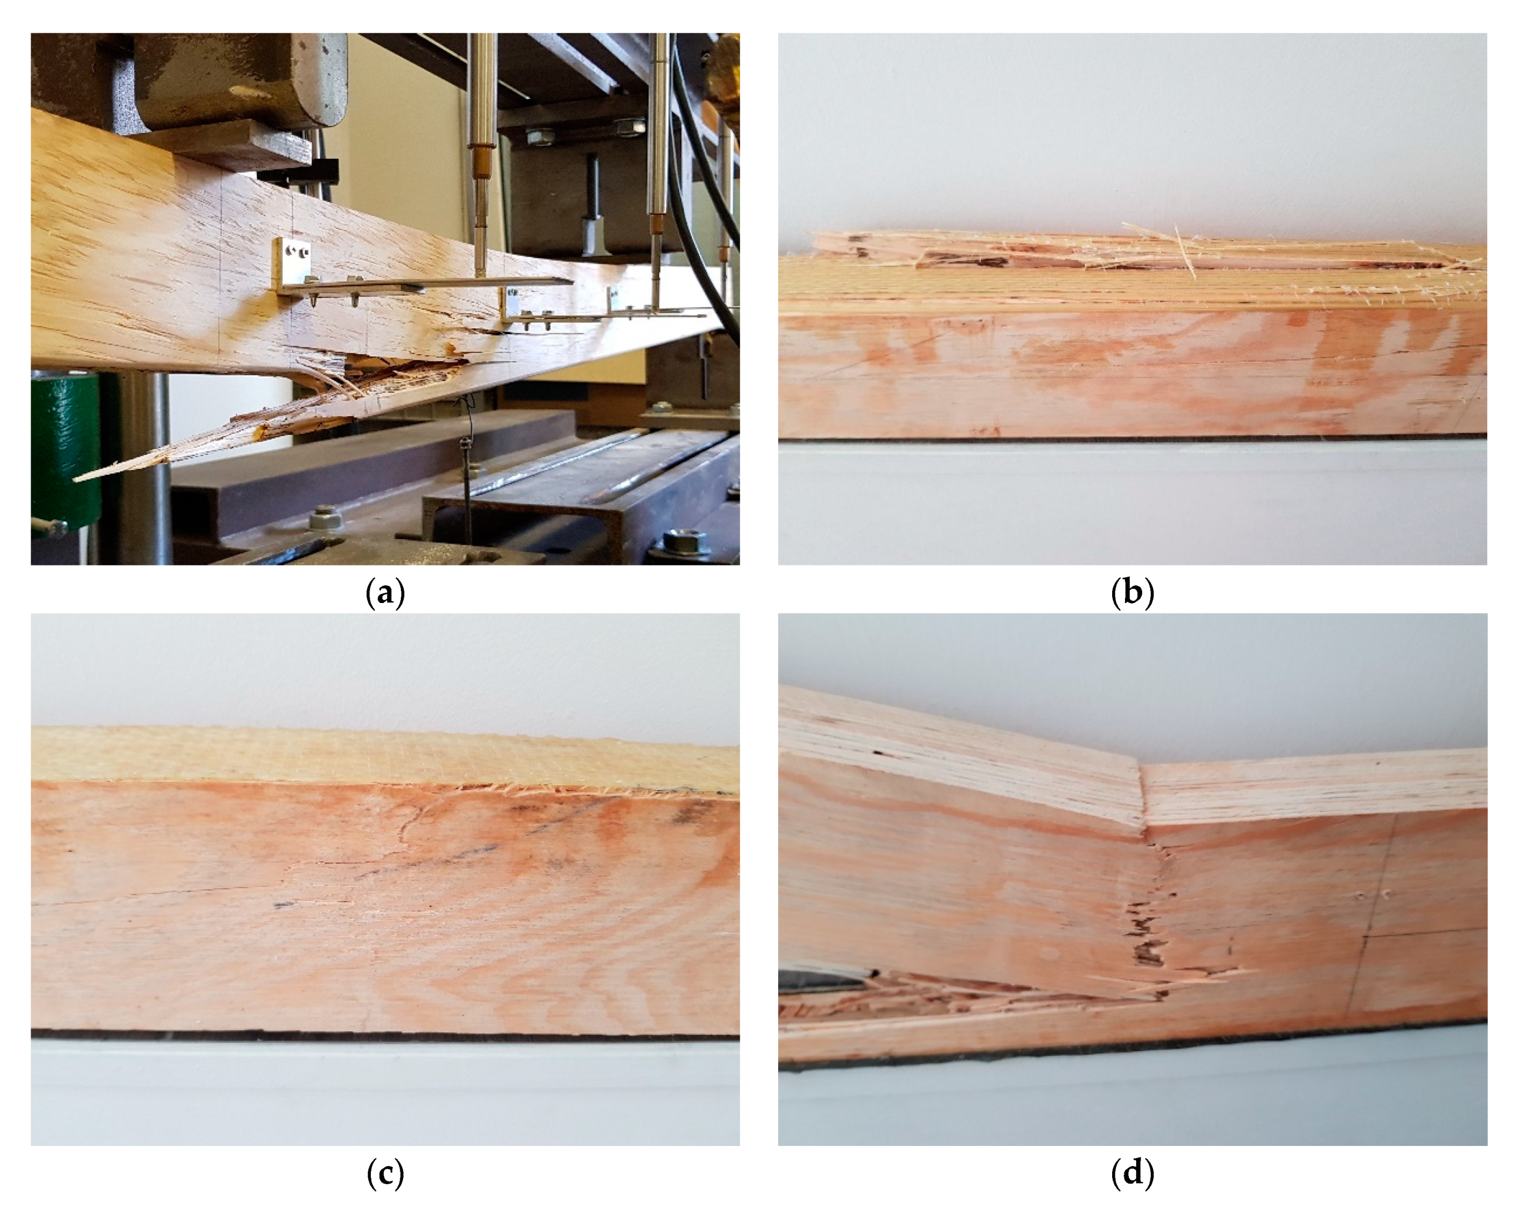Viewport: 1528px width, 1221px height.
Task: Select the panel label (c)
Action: pos(385,1174)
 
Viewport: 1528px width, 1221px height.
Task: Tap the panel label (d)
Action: pos(1132,1174)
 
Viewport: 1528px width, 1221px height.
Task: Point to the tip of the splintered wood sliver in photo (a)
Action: pos(75,480)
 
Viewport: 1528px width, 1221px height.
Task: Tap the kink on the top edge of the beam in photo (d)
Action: pos(1141,765)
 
